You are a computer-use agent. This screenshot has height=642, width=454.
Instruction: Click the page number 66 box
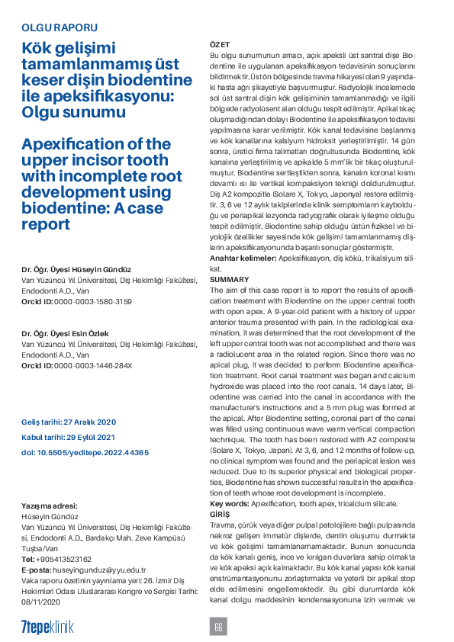point(218,626)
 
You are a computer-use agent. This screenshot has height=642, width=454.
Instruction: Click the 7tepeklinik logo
point(47,626)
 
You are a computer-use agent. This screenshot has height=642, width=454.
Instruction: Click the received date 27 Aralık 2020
point(69,422)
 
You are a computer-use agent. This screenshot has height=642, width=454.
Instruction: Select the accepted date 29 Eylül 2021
point(68,438)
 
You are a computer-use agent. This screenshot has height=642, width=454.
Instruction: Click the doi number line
point(85,453)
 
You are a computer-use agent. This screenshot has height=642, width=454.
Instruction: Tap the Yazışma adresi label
point(49,506)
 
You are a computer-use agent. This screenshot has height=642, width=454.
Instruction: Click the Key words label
point(228,505)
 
